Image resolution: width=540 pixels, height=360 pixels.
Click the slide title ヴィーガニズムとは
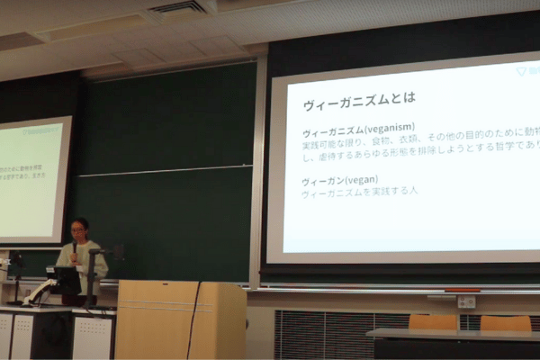[357, 96]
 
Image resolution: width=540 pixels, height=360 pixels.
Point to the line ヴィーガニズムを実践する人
[359, 192]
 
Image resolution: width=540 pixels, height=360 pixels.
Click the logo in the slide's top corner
[526, 70]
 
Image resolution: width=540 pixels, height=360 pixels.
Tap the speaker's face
[80, 229]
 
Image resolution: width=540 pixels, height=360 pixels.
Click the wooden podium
[180, 319]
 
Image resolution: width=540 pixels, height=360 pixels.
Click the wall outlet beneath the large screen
[465, 301]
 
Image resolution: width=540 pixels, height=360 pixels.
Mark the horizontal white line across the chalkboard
[162, 169]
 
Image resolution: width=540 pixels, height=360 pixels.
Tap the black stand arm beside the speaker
[94, 270]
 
